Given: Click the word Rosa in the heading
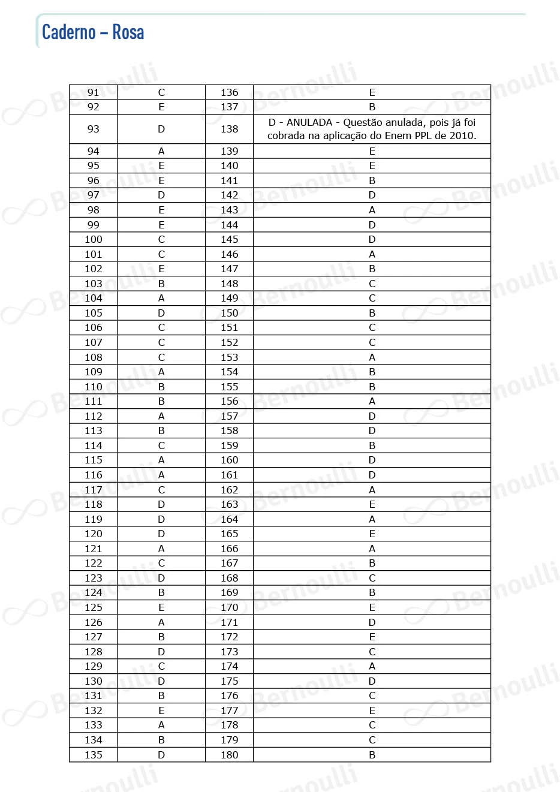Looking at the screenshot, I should [x=128, y=32].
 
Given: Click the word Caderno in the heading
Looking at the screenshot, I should [x=68, y=32].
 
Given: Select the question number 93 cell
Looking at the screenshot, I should [x=94, y=129].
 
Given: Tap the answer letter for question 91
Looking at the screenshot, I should [x=161, y=92].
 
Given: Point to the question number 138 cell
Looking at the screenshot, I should [x=229, y=129].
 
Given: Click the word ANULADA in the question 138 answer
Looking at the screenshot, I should [x=309, y=122].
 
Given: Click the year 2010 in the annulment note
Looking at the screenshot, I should [x=462, y=135].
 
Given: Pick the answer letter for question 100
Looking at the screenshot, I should [x=161, y=239].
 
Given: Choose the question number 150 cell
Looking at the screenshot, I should [x=229, y=313].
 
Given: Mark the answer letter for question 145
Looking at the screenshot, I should [x=372, y=239].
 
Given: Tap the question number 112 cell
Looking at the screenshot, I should [x=94, y=416].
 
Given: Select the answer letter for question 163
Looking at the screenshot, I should [x=372, y=504].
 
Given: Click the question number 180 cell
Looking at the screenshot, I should [x=229, y=755].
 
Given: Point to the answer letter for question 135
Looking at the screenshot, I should [x=161, y=755].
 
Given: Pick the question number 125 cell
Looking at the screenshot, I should [x=94, y=607].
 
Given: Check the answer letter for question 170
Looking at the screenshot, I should [x=372, y=607].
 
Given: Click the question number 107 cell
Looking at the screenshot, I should [x=94, y=342].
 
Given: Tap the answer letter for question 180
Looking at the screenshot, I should [x=372, y=755].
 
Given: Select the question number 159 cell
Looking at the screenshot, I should [x=229, y=445].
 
